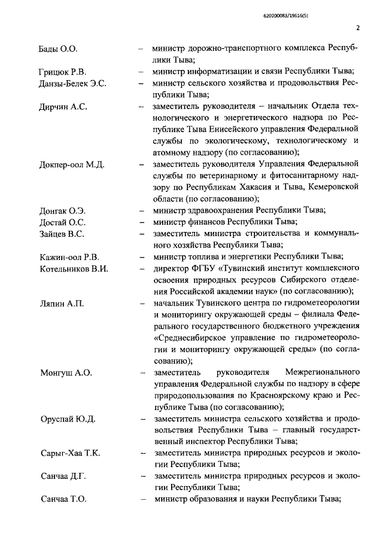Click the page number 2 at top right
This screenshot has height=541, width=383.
[x=357, y=27]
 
